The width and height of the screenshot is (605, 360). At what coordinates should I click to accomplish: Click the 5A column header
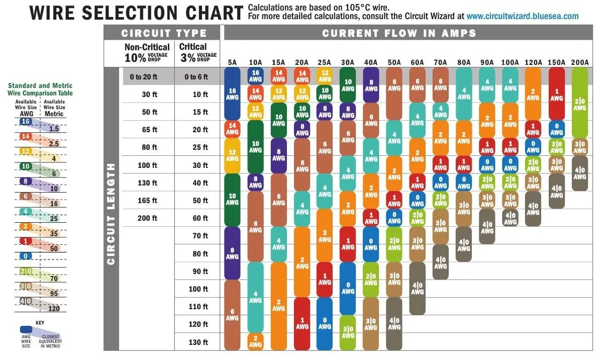pyautogui.click(x=232, y=62)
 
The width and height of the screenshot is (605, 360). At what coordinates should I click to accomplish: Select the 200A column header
pyautogui.click(x=579, y=62)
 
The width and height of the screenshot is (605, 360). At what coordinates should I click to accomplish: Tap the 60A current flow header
pyautogui.click(x=417, y=62)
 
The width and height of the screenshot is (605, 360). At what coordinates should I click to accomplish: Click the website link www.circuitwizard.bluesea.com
pyautogui.click(x=522, y=16)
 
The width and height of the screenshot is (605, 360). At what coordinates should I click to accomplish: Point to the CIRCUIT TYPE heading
pyautogui.click(x=164, y=34)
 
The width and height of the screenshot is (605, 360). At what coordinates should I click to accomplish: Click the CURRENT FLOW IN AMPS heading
pyautogui.click(x=399, y=34)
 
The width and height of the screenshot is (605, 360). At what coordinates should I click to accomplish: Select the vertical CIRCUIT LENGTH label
pyautogui.click(x=112, y=213)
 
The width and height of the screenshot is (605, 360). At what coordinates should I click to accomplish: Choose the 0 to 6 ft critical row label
pyautogui.click(x=196, y=77)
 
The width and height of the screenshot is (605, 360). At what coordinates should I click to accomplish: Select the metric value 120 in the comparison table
pyautogui.click(x=53, y=308)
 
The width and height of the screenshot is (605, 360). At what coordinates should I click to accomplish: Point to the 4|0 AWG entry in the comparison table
pyautogui.click(x=26, y=301)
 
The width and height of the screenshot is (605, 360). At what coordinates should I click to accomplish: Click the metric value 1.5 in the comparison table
pyautogui.click(x=53, y=129)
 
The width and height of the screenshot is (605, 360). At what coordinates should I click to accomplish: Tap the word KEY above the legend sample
pyautogui.click(x=40, y=322)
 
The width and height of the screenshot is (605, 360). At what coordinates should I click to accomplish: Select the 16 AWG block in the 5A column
pyautogui.click(x=232, y=94)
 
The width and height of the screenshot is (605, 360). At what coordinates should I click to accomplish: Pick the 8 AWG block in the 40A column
pyautogui.click(x=371, y=85)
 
